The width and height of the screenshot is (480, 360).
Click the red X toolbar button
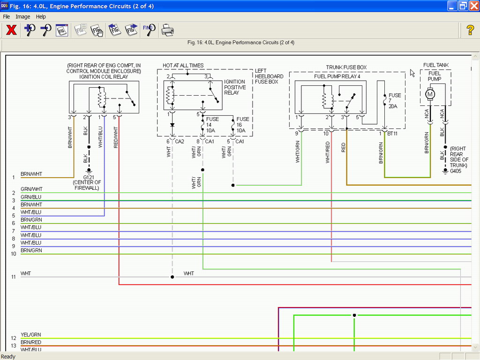(11, 30)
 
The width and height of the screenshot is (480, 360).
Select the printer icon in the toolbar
(167, 30)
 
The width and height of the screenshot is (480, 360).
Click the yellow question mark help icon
(470, 30)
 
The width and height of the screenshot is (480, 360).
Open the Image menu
(23, 16)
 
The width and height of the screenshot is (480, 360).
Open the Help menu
(41, 16)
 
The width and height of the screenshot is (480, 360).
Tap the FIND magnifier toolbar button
(149, 30)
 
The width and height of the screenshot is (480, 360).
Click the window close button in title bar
(474, 6)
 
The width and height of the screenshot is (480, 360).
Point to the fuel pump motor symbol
(430, 94)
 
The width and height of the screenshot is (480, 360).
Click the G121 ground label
(89, 177)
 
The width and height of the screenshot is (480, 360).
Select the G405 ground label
(456, 171)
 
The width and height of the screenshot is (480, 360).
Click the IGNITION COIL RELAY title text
(104, 77)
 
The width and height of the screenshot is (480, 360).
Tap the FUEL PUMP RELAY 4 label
(337, 76)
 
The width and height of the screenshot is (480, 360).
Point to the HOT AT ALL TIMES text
(183, 66)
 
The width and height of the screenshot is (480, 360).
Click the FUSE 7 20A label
(395, 101)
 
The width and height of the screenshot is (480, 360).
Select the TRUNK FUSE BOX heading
(346, 67)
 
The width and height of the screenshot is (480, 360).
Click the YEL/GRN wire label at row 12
(30, 335)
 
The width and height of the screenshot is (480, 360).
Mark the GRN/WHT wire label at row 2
(31, 189)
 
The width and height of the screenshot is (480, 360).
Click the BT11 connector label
(392, 134)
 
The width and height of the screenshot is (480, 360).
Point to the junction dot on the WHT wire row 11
(172, 277)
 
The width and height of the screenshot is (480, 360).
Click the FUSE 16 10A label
(242, 125)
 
